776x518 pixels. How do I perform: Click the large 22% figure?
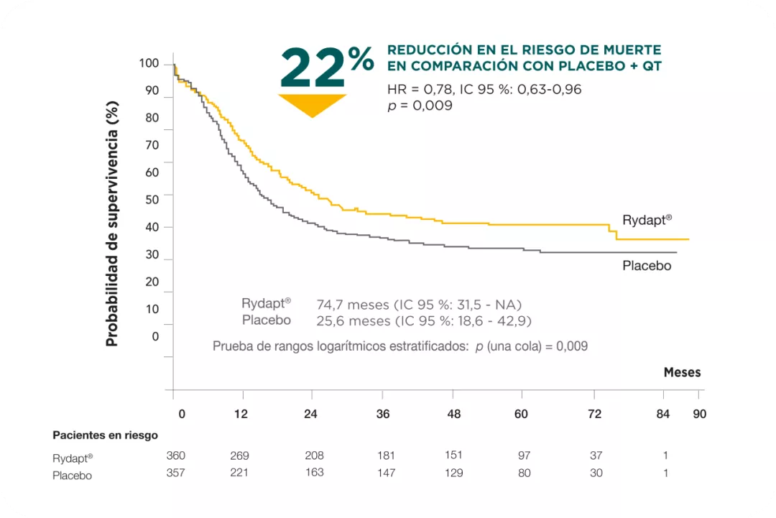point(327,68)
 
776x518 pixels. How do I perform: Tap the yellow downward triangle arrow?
point(313,105)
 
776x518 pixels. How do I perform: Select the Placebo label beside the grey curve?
point(647,266)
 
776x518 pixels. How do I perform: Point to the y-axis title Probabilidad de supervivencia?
point(112,223)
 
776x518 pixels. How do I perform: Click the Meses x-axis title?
point(682,372)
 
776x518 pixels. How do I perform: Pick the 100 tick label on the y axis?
point(149,64)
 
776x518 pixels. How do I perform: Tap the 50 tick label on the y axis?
point(152,200)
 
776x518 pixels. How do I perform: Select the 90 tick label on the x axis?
point(699,414)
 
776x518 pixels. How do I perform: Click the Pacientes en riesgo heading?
point(105,435)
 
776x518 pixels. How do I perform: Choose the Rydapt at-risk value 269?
point(239,455)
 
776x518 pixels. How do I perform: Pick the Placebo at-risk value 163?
point(314,473)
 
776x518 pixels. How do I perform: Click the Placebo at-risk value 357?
point(175,473)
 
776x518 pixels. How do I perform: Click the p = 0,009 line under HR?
point(420,106)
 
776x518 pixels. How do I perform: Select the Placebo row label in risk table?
point(72,475)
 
